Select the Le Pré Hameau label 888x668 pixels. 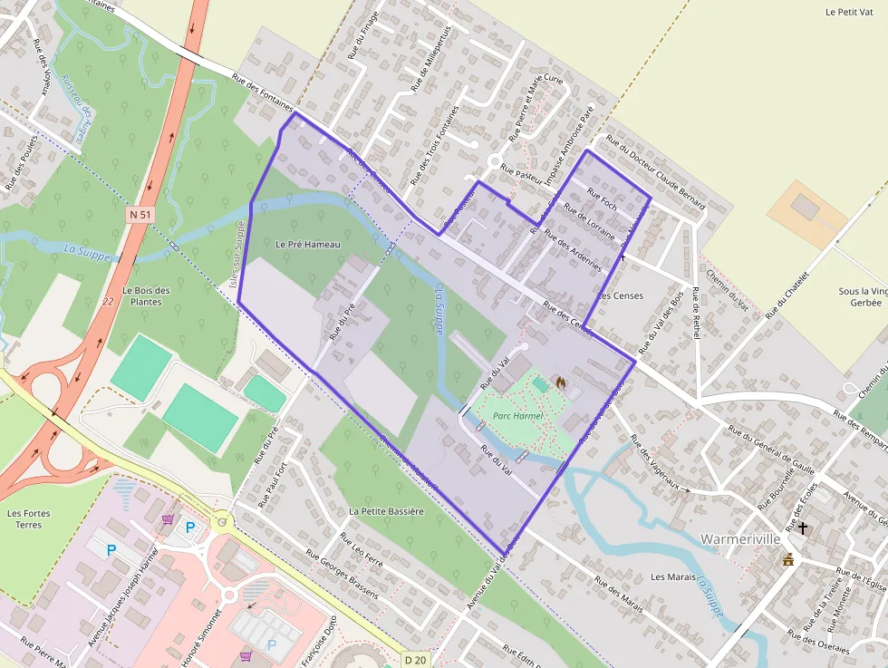[307, 245]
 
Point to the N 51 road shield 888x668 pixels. [139, 215]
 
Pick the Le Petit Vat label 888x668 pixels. [848, 13]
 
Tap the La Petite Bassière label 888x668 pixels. [386, 511]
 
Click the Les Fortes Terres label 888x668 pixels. [29, 518]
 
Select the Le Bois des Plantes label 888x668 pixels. [145, 295]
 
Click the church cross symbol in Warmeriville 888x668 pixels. [802, 527]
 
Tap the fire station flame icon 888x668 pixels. [560, 382]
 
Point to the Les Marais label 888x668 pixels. [671, 576]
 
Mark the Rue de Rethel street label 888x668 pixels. [696, 313]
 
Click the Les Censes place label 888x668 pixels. [621, 296]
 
